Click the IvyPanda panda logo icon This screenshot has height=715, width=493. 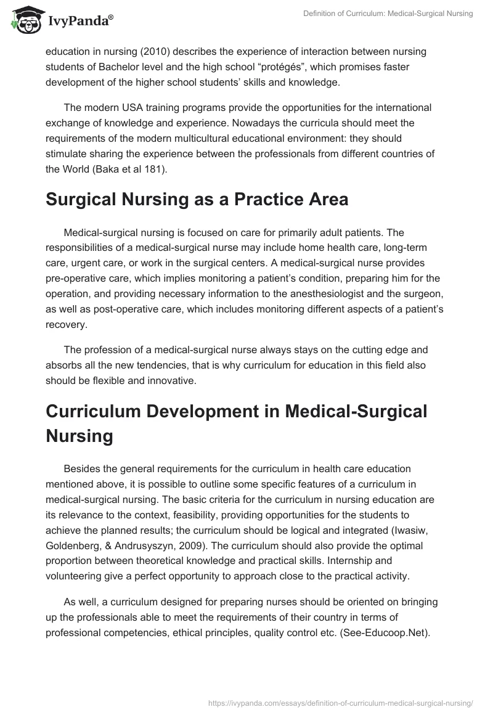(x=23, y=20)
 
